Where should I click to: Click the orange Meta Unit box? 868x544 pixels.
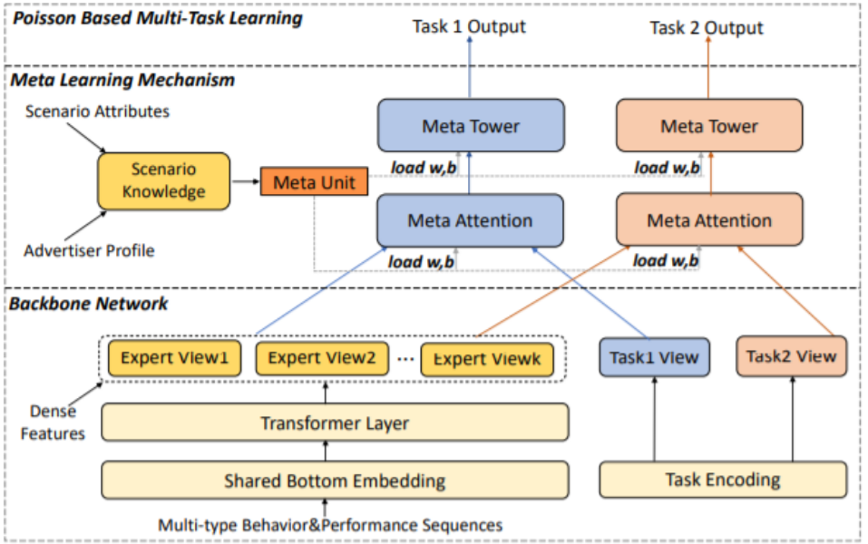pyautogui.click(x=314, y=181)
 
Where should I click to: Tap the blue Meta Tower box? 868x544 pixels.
pyautogui.click(x=470, y=126)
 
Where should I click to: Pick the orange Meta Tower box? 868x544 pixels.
pyautogui.click(x=709, y=126)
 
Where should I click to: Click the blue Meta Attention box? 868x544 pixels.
pyautogui.click(x=470, y=219)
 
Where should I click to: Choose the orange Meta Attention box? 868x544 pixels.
pyautogui.click(x=709, y=219)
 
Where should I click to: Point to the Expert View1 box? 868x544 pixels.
pyautogui.click(x=174, y=357)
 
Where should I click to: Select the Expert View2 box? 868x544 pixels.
pyautogui.click(x=322, y=357)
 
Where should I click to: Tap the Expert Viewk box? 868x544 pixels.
pyautogui.click(x=487, y=358)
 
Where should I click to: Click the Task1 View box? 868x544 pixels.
pyautogui.click(x=654, y=357)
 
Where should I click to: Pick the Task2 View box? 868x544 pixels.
pyautogui.click(x=792, y=356)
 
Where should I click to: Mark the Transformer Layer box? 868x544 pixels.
pyautogui.click(x=335, y=423)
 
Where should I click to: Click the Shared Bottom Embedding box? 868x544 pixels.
pyautogui.click(x=335, y=481)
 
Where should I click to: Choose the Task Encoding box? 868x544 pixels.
pyautogui.click(x=723, y=481)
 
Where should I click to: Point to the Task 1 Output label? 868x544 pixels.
pyautogui.click(x=469, y=26)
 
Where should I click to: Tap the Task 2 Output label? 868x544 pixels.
pyautogui.click(x=707, y=28)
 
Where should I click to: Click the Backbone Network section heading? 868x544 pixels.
pyautogui.click(x=88, y=304)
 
